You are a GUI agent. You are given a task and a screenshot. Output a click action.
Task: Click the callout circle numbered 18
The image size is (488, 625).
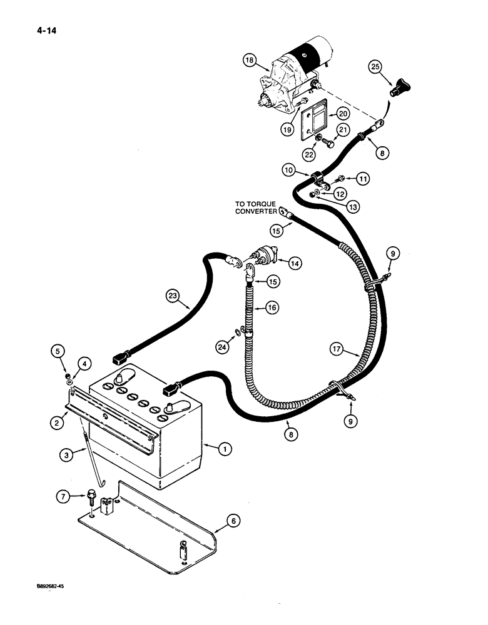click(251, 61)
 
